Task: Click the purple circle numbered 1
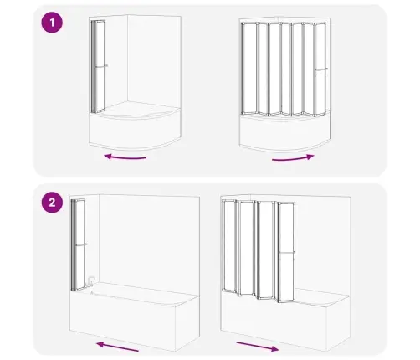point(52,23)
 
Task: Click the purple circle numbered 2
point(52,203)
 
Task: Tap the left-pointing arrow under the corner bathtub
point(125,157)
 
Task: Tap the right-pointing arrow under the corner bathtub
point(293,158)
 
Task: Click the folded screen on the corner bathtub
point(98,66)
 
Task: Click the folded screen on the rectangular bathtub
point(78,244)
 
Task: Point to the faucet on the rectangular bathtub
point(91,280)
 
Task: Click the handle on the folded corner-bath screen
point(101,66)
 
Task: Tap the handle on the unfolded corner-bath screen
point(320,69)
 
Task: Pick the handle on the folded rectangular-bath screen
point(81,244)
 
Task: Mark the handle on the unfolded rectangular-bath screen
point(287,253)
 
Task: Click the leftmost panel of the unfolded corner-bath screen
point(248,69)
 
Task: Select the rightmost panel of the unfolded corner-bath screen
point(320,69)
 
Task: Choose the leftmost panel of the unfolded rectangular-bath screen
point(229,246)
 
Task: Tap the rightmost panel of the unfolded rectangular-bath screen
point(286,253)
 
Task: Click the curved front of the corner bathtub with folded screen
point(136,131)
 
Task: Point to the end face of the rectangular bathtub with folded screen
point(187,324)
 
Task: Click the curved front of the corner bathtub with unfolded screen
point(285,133)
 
